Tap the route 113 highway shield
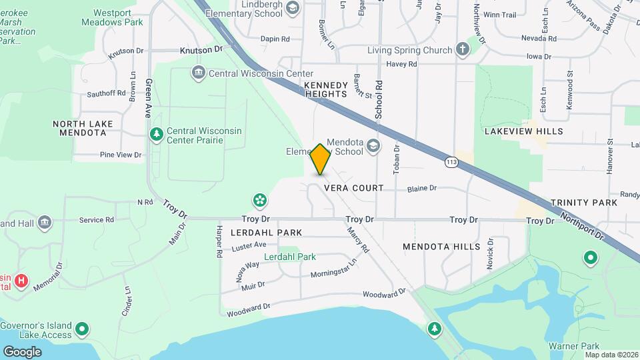tap(452, 161)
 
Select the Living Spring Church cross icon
tap(463, 50)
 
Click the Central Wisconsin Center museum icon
tap(197, 73)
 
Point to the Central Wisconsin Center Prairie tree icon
tap(157, 135)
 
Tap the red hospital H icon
tap(21, 281)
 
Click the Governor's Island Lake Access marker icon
tap(82, 329)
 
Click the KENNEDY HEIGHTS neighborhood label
tap(325, 90)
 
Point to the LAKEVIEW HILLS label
tap(523, 131)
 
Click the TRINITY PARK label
tap(584, 202)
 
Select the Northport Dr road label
tap(581, 227)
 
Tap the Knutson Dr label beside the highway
tap(201, 50)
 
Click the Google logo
tap(22, 351)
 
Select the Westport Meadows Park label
tap(117, 17)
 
